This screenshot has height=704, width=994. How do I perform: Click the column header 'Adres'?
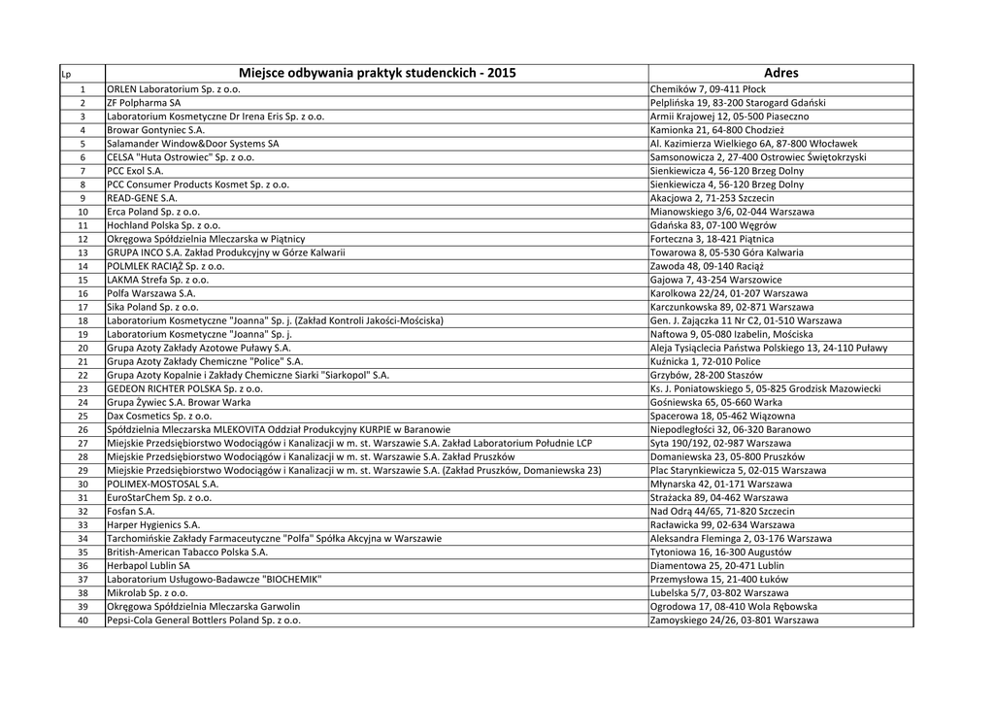780,73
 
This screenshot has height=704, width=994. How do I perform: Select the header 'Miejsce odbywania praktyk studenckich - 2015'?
377,73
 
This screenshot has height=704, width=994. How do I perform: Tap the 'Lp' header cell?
66,75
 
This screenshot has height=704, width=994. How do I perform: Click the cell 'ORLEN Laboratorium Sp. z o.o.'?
174,89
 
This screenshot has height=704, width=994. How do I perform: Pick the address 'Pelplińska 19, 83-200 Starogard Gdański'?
738,102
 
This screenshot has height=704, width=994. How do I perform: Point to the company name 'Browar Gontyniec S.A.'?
155,129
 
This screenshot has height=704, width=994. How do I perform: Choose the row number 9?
83,197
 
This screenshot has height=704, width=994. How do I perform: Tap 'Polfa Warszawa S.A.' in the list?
151,292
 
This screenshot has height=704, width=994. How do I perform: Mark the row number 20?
83,347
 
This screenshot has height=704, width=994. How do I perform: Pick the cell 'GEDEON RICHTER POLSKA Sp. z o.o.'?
184,388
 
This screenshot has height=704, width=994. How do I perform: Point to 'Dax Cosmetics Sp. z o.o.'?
159,416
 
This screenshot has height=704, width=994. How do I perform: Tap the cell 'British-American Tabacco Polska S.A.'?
187,552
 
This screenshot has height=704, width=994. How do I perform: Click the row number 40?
83,620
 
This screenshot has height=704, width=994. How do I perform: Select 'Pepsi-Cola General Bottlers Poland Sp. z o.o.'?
204,620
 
